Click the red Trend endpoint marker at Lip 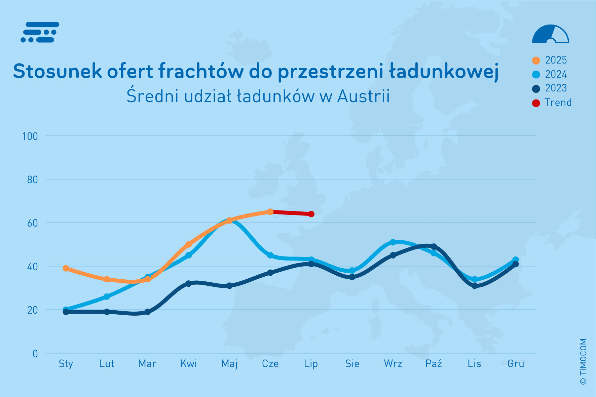pos(311,214)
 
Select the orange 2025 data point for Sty pos(66,268)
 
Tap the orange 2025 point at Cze pos(270,212)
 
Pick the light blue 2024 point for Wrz pos(393,242)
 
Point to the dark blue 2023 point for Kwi pos(188,284)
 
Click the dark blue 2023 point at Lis pos(475,286)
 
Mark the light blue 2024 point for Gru pos(515,260)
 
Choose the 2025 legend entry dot pos(536,61)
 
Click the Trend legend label pos(558,103)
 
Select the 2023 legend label pos(556,88)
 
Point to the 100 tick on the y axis pos(30,136)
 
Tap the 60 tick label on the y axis pos(32,223)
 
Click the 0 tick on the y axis pos(35,354)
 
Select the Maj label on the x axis pos(229,364)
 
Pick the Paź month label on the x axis pos(434,364)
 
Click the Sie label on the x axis pos(352,364)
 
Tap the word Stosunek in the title pos(57,71)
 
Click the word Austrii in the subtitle pos(363,96)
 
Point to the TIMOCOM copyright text pos(584,361)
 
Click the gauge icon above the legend pos(550,34)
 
